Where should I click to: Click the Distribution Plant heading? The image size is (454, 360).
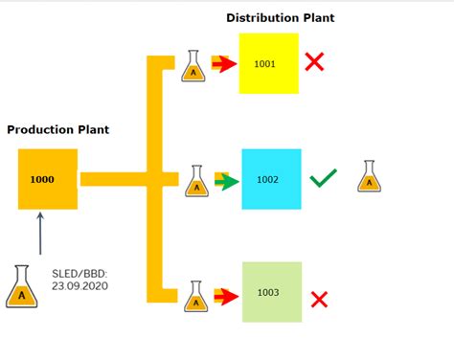click(x=281, y=17)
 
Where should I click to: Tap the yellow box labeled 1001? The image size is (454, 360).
click(x=268, y=63)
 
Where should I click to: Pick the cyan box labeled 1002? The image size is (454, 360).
click(x=270, y=179)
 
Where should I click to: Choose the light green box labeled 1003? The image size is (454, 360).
click(x=271, y=292)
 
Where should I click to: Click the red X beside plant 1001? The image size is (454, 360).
click(x=315, y=63)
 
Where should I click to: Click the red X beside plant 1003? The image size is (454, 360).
click(x=319, y=299)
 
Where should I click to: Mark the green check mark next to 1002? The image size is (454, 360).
click(x=324, y=178)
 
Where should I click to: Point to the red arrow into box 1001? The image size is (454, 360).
click(x=224, y=65)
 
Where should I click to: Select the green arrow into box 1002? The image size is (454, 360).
click(x=227, y=179)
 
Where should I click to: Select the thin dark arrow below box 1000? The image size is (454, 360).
click(x=40, y=233)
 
